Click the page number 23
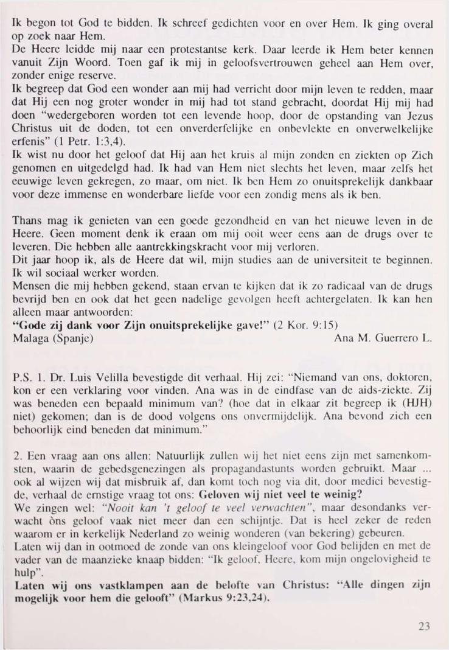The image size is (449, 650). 426,627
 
